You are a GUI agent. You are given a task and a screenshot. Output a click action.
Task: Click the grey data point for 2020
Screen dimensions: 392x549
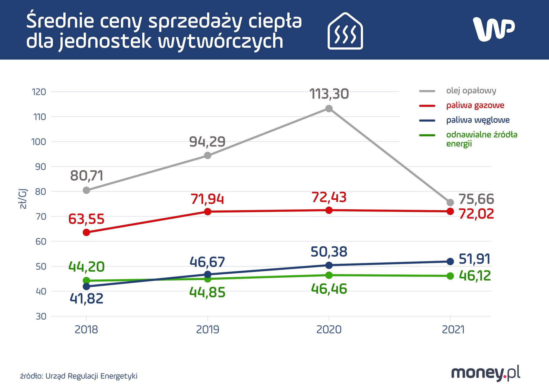(x=329, y=109)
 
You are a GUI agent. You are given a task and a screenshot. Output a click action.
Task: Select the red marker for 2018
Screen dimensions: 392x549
(x=86, y=232)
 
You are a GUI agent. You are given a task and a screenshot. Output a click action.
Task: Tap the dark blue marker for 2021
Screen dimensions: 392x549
(x=450, y=261)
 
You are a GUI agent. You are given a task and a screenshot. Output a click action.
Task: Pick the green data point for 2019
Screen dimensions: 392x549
(x=208, y=279)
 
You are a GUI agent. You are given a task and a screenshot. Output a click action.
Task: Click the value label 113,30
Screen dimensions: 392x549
(x=329, y=94)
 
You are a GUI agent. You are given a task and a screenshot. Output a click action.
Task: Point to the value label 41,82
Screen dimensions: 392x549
(x=87, y=299)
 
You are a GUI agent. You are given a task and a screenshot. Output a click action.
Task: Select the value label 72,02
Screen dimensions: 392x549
(x=476, y=214)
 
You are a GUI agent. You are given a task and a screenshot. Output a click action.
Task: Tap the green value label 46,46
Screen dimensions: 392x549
(x=329, y=289)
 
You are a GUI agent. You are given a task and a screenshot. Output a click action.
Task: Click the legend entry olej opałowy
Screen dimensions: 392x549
(x=471, y=91)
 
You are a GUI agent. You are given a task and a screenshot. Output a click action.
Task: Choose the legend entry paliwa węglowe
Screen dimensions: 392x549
(x=478, y=120)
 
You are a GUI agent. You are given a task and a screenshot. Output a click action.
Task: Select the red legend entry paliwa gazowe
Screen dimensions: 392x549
(x=475, y=105)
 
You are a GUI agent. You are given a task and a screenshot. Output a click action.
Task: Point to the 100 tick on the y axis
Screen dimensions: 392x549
(x=39, y=142)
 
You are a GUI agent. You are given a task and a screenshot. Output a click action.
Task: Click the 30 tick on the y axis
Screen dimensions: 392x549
(x=41, y=316)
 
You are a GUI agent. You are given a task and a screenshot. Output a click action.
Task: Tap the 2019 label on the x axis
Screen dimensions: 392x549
(x=208, y=330)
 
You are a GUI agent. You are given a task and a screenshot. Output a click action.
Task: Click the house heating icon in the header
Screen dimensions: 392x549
(x=345, y=31)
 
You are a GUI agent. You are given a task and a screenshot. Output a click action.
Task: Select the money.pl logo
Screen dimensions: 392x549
(x=486, y=373)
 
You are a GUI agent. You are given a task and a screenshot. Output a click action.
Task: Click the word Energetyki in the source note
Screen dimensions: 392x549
(x=119, y=376)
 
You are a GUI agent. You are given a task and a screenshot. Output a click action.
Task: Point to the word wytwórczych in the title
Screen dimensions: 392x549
(x=221, y=42)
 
